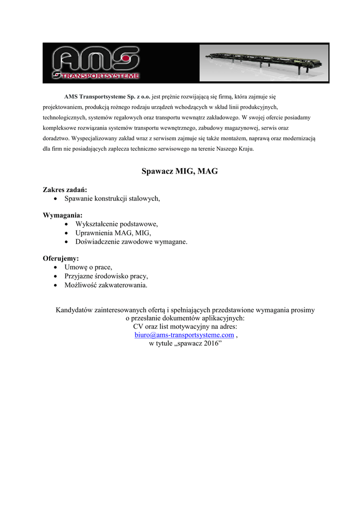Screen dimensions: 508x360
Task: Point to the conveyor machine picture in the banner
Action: coord(263,62)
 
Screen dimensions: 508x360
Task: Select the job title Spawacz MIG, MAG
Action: coord(180,172)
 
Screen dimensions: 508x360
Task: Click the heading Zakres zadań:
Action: coord(65,190)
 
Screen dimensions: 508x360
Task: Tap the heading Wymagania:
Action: coord(63,215)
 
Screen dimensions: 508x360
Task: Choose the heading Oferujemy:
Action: coord(61,258)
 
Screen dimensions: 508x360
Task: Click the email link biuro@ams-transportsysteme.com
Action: coord(184,335)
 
